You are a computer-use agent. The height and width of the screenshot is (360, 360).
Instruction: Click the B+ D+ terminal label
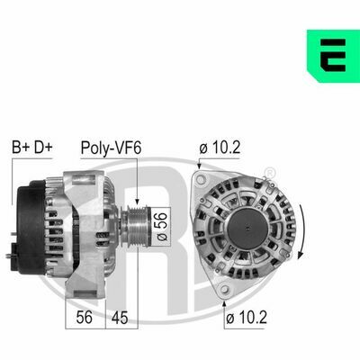(x=32, y=147)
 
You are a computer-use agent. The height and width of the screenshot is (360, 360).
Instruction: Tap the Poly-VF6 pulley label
(x=111, y=148)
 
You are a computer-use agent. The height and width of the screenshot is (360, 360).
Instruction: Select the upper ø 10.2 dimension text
(x=220, y=147)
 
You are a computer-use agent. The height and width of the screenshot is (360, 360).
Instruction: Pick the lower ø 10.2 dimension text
(x=247, y=318)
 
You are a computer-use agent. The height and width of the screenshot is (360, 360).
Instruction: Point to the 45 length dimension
(x=120, y=318)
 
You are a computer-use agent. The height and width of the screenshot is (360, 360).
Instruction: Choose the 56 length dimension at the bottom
(x=85, y=318)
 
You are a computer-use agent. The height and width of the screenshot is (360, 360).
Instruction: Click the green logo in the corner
(x=333, y=56)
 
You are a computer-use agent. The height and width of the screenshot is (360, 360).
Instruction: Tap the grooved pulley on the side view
(x=137, y=226)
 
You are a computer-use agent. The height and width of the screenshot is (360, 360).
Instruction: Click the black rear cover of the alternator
(x=31, y=227)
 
